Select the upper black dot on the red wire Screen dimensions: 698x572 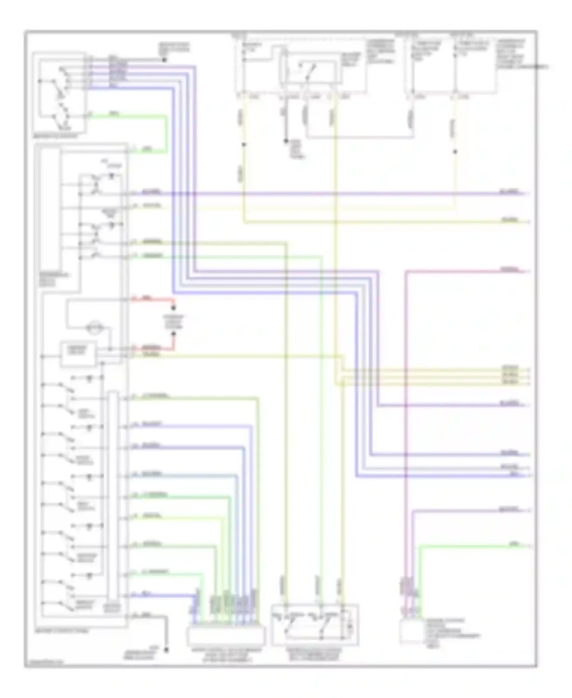tap(174, 308)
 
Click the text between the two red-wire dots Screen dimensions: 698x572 tap(174, 322)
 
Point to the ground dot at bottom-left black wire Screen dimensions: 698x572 tap(166, 649)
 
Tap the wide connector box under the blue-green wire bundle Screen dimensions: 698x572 tap(226, 635)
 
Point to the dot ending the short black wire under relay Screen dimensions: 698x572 tap(286, 141)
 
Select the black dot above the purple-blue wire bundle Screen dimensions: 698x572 tap(164, 60)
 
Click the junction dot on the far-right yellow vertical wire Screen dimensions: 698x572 tap(455, 152)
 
